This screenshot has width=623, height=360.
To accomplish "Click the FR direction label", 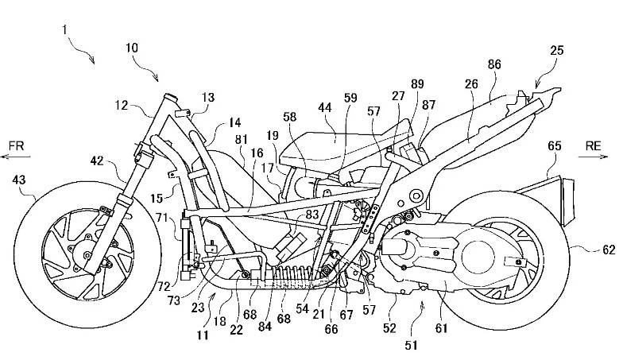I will pyautogui.click(x=17, y=145).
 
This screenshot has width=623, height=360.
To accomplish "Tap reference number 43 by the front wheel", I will pyautogui.click(x=17, y=182).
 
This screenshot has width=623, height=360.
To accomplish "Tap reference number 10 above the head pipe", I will pyautogui.click(x=132, y=48).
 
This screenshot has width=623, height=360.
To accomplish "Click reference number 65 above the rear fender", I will pyautogui.click(x=554, y=145).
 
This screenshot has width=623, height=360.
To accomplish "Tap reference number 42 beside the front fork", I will pyautogui.click(x=96, y=161).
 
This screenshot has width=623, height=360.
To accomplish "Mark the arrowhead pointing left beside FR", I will pyautogui.click(x=3, y=158).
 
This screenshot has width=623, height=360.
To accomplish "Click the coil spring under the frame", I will pyautogui.click(x=286, y=278).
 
